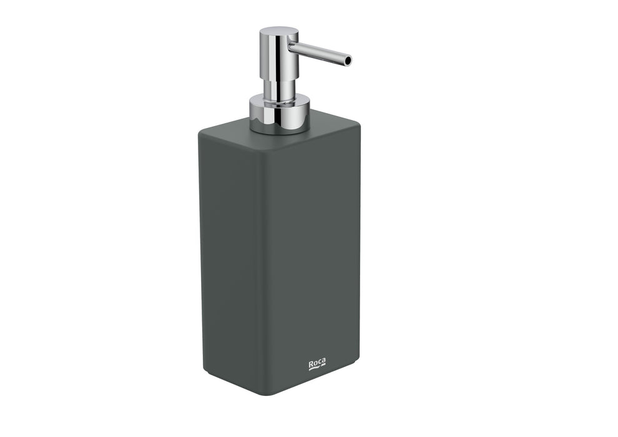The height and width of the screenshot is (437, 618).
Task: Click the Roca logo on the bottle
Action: (x=317, y=365)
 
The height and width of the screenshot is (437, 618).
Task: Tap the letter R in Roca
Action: (x=311, y=363)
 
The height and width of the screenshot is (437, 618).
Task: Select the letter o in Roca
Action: (x=315, y=363)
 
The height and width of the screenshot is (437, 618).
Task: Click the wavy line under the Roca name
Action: (x=316, y=369)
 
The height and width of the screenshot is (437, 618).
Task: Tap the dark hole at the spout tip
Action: (x=348, y=61)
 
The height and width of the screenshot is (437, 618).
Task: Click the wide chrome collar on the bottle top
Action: (x=279, y=114)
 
